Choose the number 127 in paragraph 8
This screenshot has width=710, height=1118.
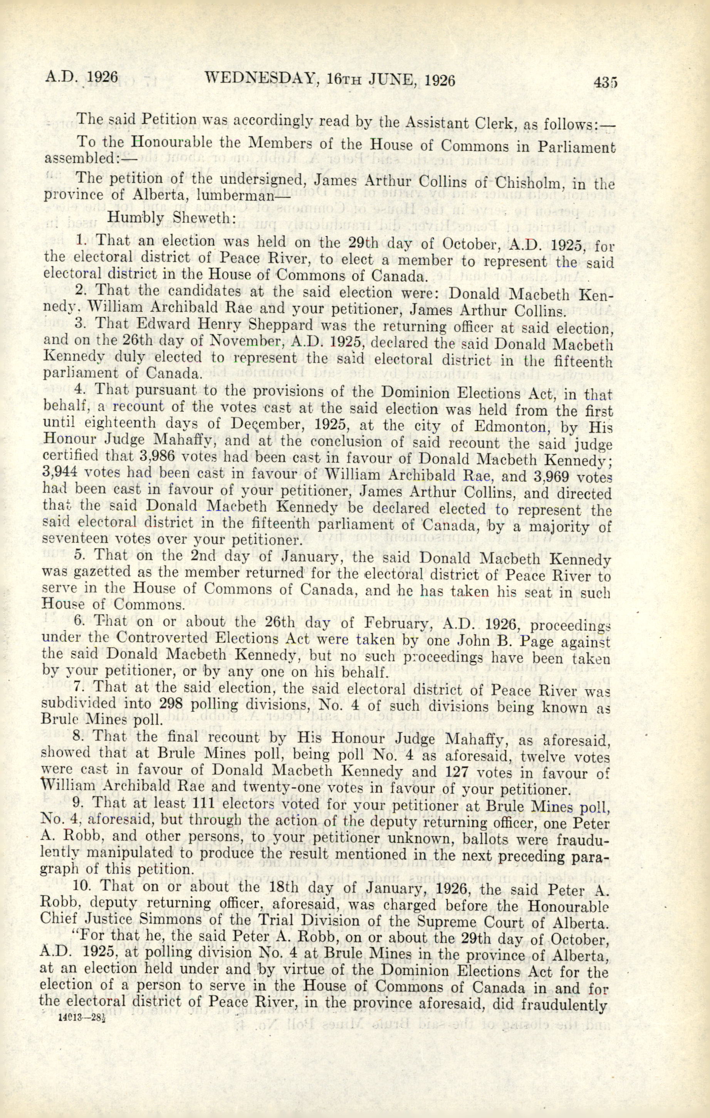462,772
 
